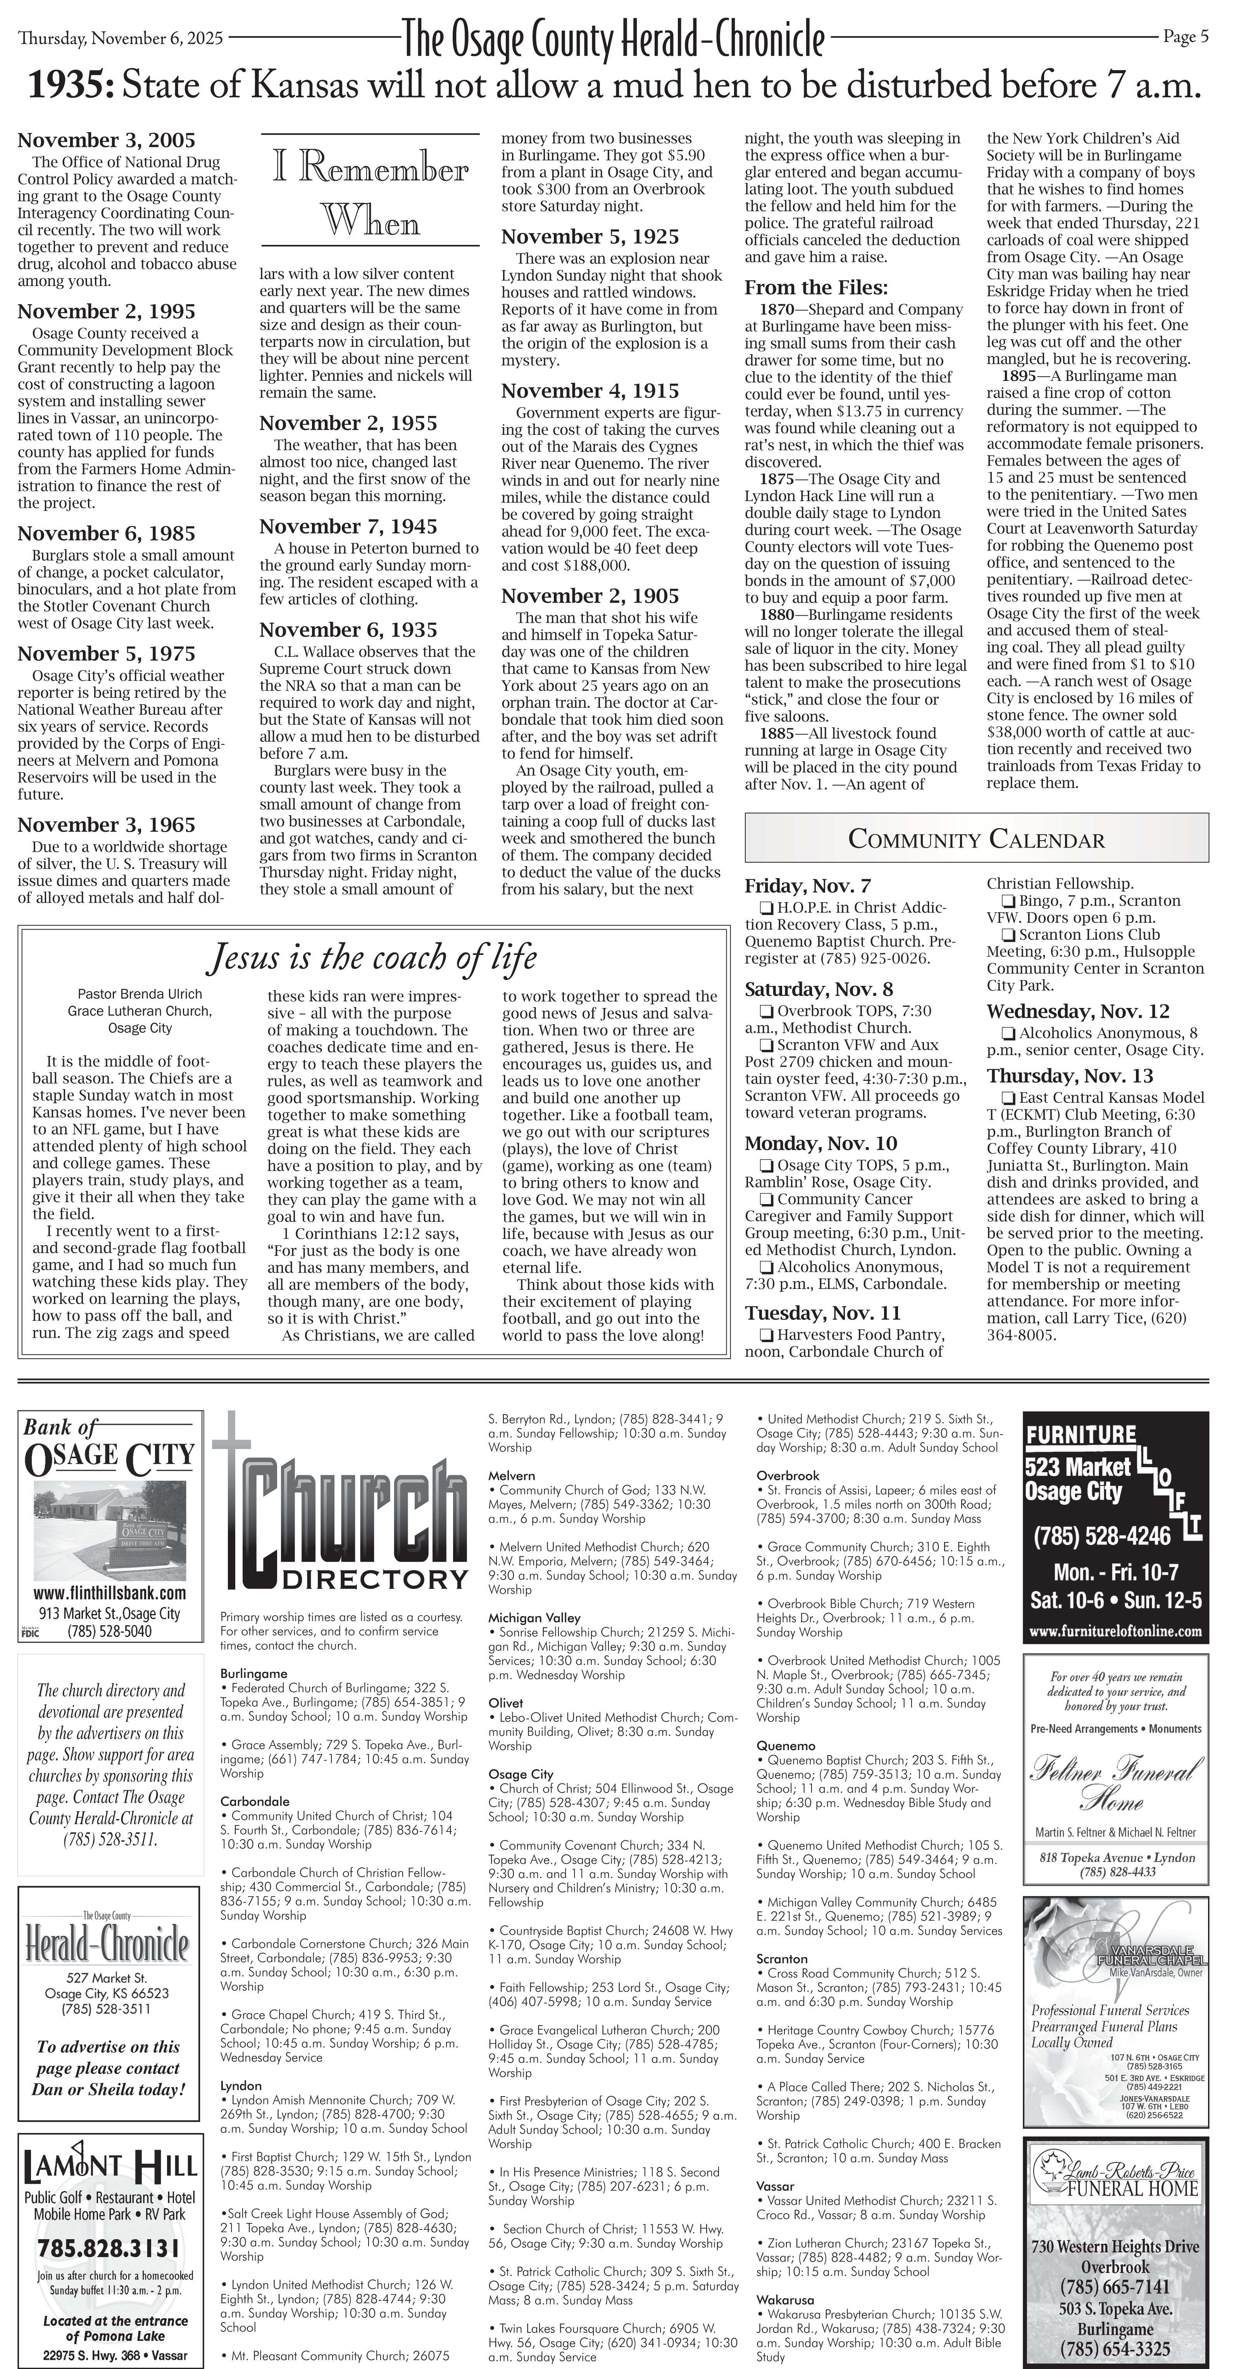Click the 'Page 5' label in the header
coord(1185,37)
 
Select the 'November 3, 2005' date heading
coord(106,141)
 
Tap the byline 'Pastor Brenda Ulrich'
coord(140,994)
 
